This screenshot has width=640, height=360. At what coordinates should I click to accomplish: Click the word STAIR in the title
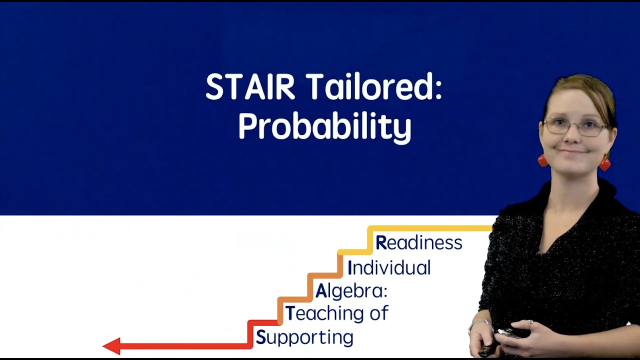click(x=250, y=87)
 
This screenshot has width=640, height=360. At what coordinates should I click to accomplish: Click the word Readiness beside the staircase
click(x=419, y=243)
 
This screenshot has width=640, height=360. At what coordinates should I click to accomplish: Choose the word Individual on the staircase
click(x=389, y=268)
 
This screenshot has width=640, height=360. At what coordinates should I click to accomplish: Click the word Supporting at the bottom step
click(x=304, y=338)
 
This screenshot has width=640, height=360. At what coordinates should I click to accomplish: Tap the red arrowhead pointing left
click(x=111, y=346)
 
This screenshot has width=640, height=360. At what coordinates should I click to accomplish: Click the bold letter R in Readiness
click(x=381, y=243)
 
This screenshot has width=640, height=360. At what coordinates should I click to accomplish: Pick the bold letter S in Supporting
click(x=260, y=338)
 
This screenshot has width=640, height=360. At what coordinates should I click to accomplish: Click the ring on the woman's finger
click(x=529, y=323)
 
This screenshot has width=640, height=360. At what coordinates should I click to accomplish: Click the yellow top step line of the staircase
click(x=430, y=228)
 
